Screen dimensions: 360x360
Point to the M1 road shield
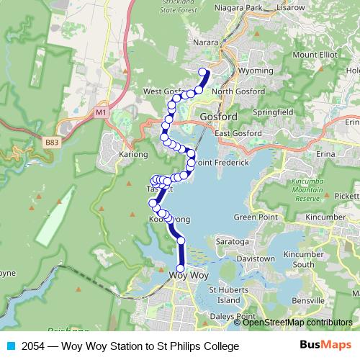101,112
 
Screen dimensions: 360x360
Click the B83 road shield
51,143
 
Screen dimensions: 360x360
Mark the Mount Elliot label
314,55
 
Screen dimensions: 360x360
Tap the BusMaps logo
325,346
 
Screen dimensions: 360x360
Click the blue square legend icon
10,346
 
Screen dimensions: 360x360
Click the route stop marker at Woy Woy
180,269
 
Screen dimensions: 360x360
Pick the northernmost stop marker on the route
204,71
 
